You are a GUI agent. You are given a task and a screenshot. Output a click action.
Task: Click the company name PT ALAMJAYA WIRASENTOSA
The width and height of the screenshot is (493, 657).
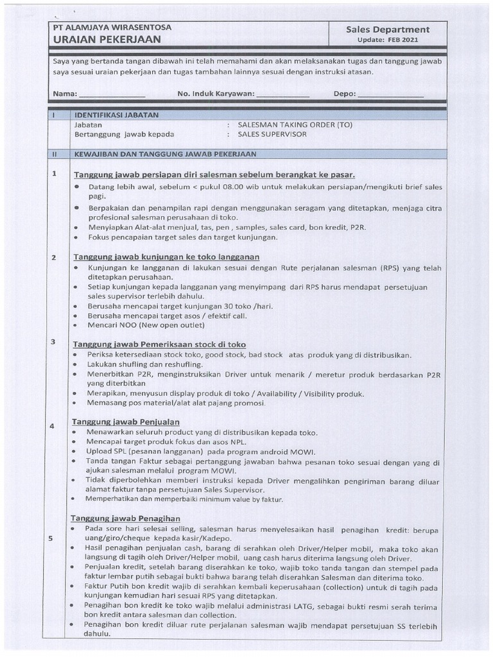click(x=107, y=28)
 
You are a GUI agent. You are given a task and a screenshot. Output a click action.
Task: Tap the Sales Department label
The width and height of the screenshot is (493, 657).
click(x=388, y=30)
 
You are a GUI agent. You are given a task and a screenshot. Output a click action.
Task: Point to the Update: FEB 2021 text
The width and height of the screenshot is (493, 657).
click(x=388, y=40)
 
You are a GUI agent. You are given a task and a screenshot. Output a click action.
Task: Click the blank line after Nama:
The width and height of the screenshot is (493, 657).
click(x=112, y=94)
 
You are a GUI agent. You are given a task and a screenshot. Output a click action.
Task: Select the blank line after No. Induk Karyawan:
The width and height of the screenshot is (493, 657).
click(x=283, y=94)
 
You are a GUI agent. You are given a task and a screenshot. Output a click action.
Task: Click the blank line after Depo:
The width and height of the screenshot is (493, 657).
click(x=391, y=94)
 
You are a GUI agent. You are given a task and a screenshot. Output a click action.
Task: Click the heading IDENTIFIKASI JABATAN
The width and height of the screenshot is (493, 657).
click(x=116, y=115)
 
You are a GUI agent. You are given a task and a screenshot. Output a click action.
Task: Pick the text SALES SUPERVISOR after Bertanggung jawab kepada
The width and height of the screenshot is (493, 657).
click(x=272, y=135)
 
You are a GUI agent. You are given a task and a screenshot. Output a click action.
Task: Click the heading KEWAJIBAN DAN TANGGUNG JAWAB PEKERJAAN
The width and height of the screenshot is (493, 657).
click(x=166, y=155)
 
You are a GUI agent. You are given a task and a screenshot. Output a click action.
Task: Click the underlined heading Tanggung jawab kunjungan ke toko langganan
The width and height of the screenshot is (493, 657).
click(x=166, y=257)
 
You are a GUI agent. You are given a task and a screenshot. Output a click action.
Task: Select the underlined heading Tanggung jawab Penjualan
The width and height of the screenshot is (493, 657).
click(x=125, y=422)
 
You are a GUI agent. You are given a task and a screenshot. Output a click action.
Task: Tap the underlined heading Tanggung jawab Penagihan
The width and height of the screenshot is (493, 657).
click(x=126, y=518)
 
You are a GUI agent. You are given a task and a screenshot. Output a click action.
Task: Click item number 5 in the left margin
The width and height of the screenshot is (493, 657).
click(x=50, y=538)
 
